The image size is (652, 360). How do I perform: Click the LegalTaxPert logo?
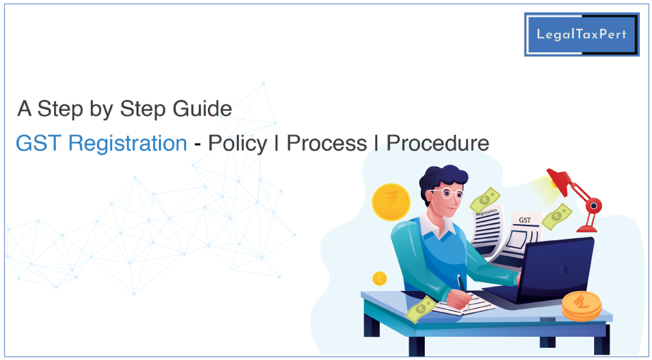click(581, 34)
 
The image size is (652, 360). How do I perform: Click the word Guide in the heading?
click(202, 109)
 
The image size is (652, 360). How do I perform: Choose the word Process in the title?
click(327, 143)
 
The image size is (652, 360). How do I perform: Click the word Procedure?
click(438, 143)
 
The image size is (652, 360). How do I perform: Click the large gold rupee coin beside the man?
click(391, 202)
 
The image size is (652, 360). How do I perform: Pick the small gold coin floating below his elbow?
click(379, 278)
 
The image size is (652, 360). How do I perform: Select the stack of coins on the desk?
click(582, 306)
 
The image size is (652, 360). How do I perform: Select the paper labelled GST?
click(520, 237)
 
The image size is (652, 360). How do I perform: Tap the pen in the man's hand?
click(462, 287)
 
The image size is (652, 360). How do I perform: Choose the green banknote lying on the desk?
click(421, 309)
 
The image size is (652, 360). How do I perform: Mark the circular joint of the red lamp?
click(593, 205)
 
